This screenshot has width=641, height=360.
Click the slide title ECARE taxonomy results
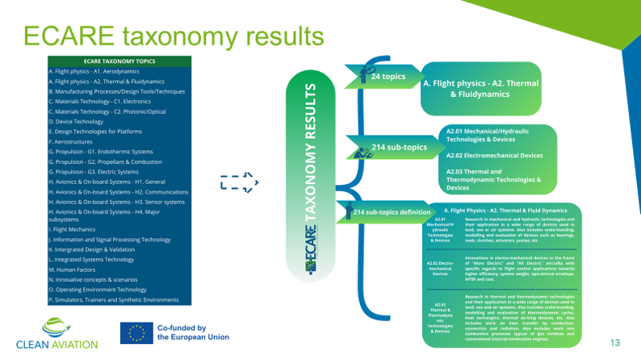pyautogui.click(x=173, y=36)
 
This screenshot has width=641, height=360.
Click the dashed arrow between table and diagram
pyautogui.click(x=239, y=182)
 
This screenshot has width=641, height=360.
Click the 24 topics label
pyautogui.click(x=388, y=76)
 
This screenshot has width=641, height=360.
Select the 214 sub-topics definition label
pyautogui.click(x=391, y=211)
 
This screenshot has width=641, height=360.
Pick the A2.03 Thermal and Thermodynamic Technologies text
pyautogui.click(x=493, y=179)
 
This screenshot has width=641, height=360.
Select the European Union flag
pyautogui.click(x=135, y=334)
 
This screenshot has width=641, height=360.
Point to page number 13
pyautogui.click(x=615, y=343)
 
